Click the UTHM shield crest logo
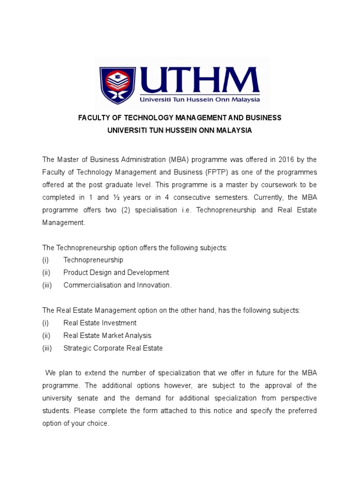117,85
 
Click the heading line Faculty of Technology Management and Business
180,118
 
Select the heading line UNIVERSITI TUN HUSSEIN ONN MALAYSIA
180,130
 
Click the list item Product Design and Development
116,272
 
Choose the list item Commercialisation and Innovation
118,285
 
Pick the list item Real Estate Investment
100,323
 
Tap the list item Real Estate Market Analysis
107,336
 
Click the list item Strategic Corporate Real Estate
113,348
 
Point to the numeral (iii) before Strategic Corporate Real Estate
47,348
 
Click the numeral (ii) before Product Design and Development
46,272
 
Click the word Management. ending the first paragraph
64,223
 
